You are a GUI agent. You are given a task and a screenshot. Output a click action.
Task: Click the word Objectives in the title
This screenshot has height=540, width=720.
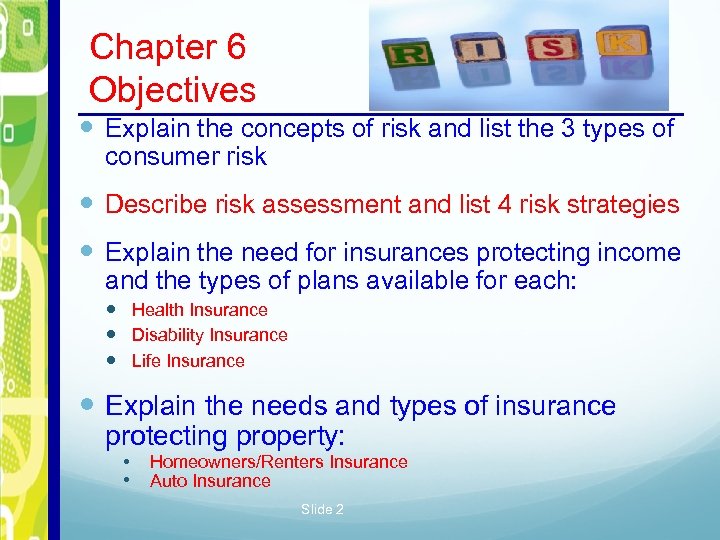pos(172,90)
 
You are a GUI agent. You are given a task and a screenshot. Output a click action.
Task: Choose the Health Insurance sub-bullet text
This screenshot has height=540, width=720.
pos(200,310)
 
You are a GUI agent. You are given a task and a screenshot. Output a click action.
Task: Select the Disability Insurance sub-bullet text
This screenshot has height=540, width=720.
pos(209,335)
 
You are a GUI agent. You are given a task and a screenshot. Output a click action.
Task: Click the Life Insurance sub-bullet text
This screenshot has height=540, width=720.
pos(188,361)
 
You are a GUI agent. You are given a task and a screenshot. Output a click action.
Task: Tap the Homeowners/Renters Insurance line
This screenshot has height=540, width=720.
pos(278,462)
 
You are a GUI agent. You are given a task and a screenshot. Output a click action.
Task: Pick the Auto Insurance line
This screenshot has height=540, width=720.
pos(210,481)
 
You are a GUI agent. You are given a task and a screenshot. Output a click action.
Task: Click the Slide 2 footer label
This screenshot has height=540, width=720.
pos(322,510)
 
